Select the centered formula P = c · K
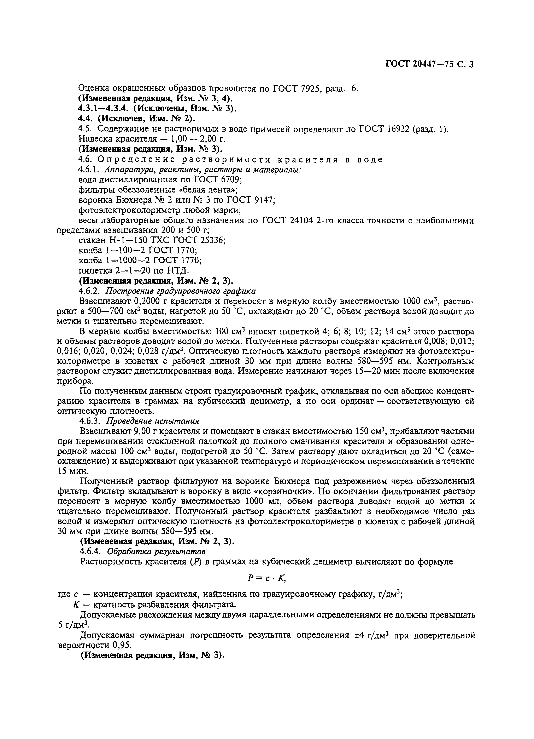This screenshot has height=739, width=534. pyautogui.click(x=266, y=578)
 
